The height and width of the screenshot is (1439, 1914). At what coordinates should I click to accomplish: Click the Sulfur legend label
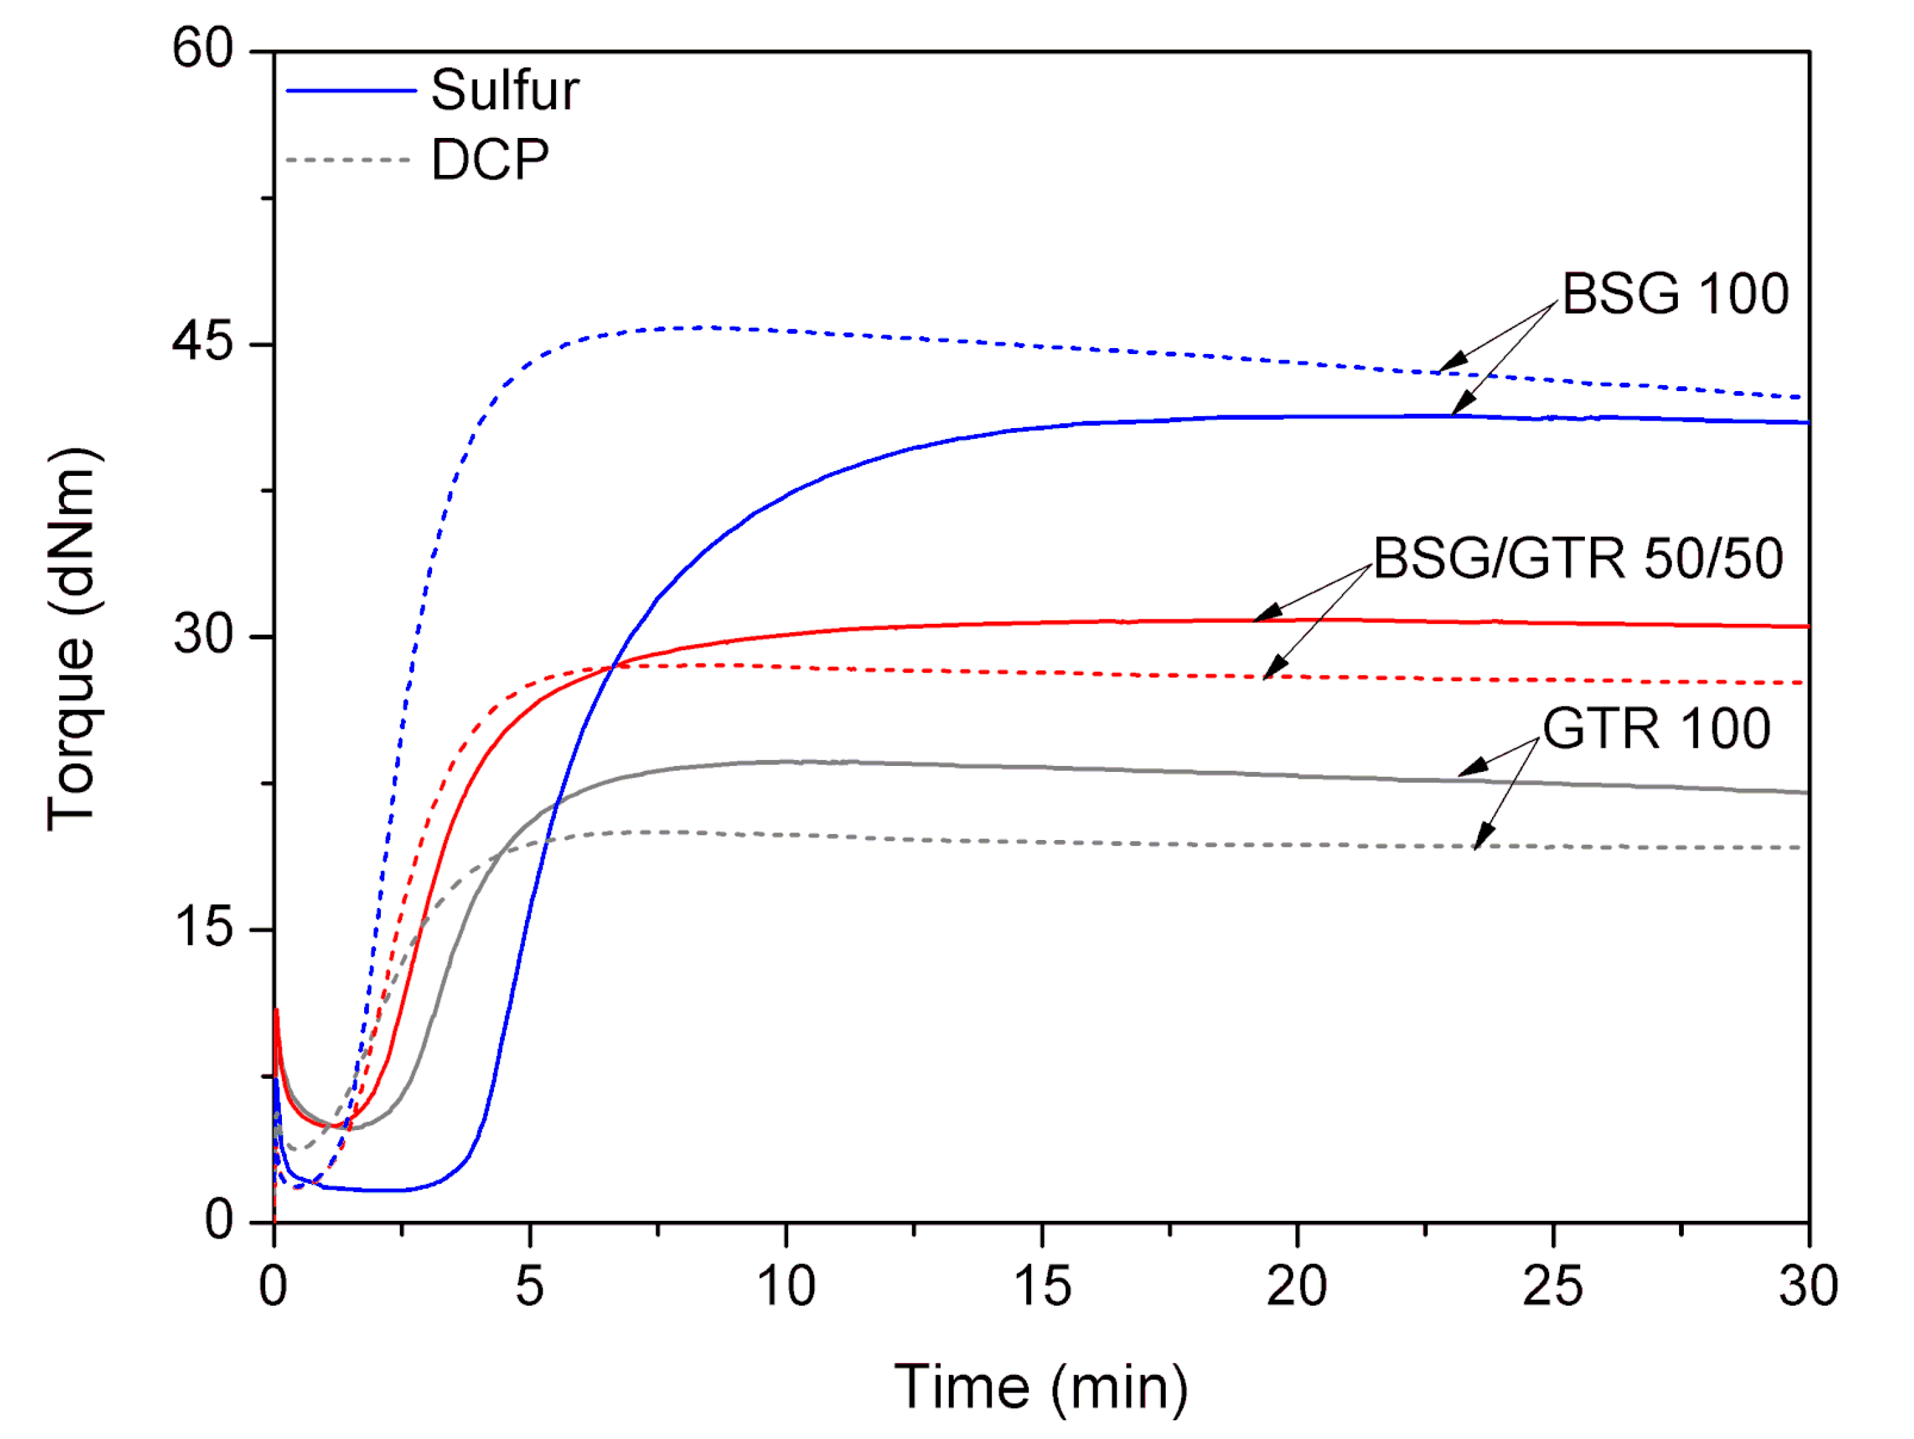pos(505,90)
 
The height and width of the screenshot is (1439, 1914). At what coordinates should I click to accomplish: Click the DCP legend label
pos(490,160)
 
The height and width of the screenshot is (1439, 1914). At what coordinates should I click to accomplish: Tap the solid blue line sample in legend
pos(351,90)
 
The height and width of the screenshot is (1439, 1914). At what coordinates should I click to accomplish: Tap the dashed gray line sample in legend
pos(348,160)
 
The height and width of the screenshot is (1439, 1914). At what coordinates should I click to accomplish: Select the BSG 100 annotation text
pos(1675,294)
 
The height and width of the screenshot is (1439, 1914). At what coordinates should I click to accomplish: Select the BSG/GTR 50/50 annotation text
pos(1578,559)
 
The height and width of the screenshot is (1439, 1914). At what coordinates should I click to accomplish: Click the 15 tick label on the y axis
pos(204,928)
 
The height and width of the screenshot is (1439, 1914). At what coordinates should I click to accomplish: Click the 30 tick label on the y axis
pos(204,636)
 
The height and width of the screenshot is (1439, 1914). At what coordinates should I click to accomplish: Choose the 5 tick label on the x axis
pos(530,1287)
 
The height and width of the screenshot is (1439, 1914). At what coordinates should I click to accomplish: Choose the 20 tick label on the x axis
pos(1296,1287)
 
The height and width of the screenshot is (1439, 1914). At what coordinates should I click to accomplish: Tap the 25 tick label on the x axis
pos(1553,1287)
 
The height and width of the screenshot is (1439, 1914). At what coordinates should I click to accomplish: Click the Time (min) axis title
pos(1041,1388)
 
